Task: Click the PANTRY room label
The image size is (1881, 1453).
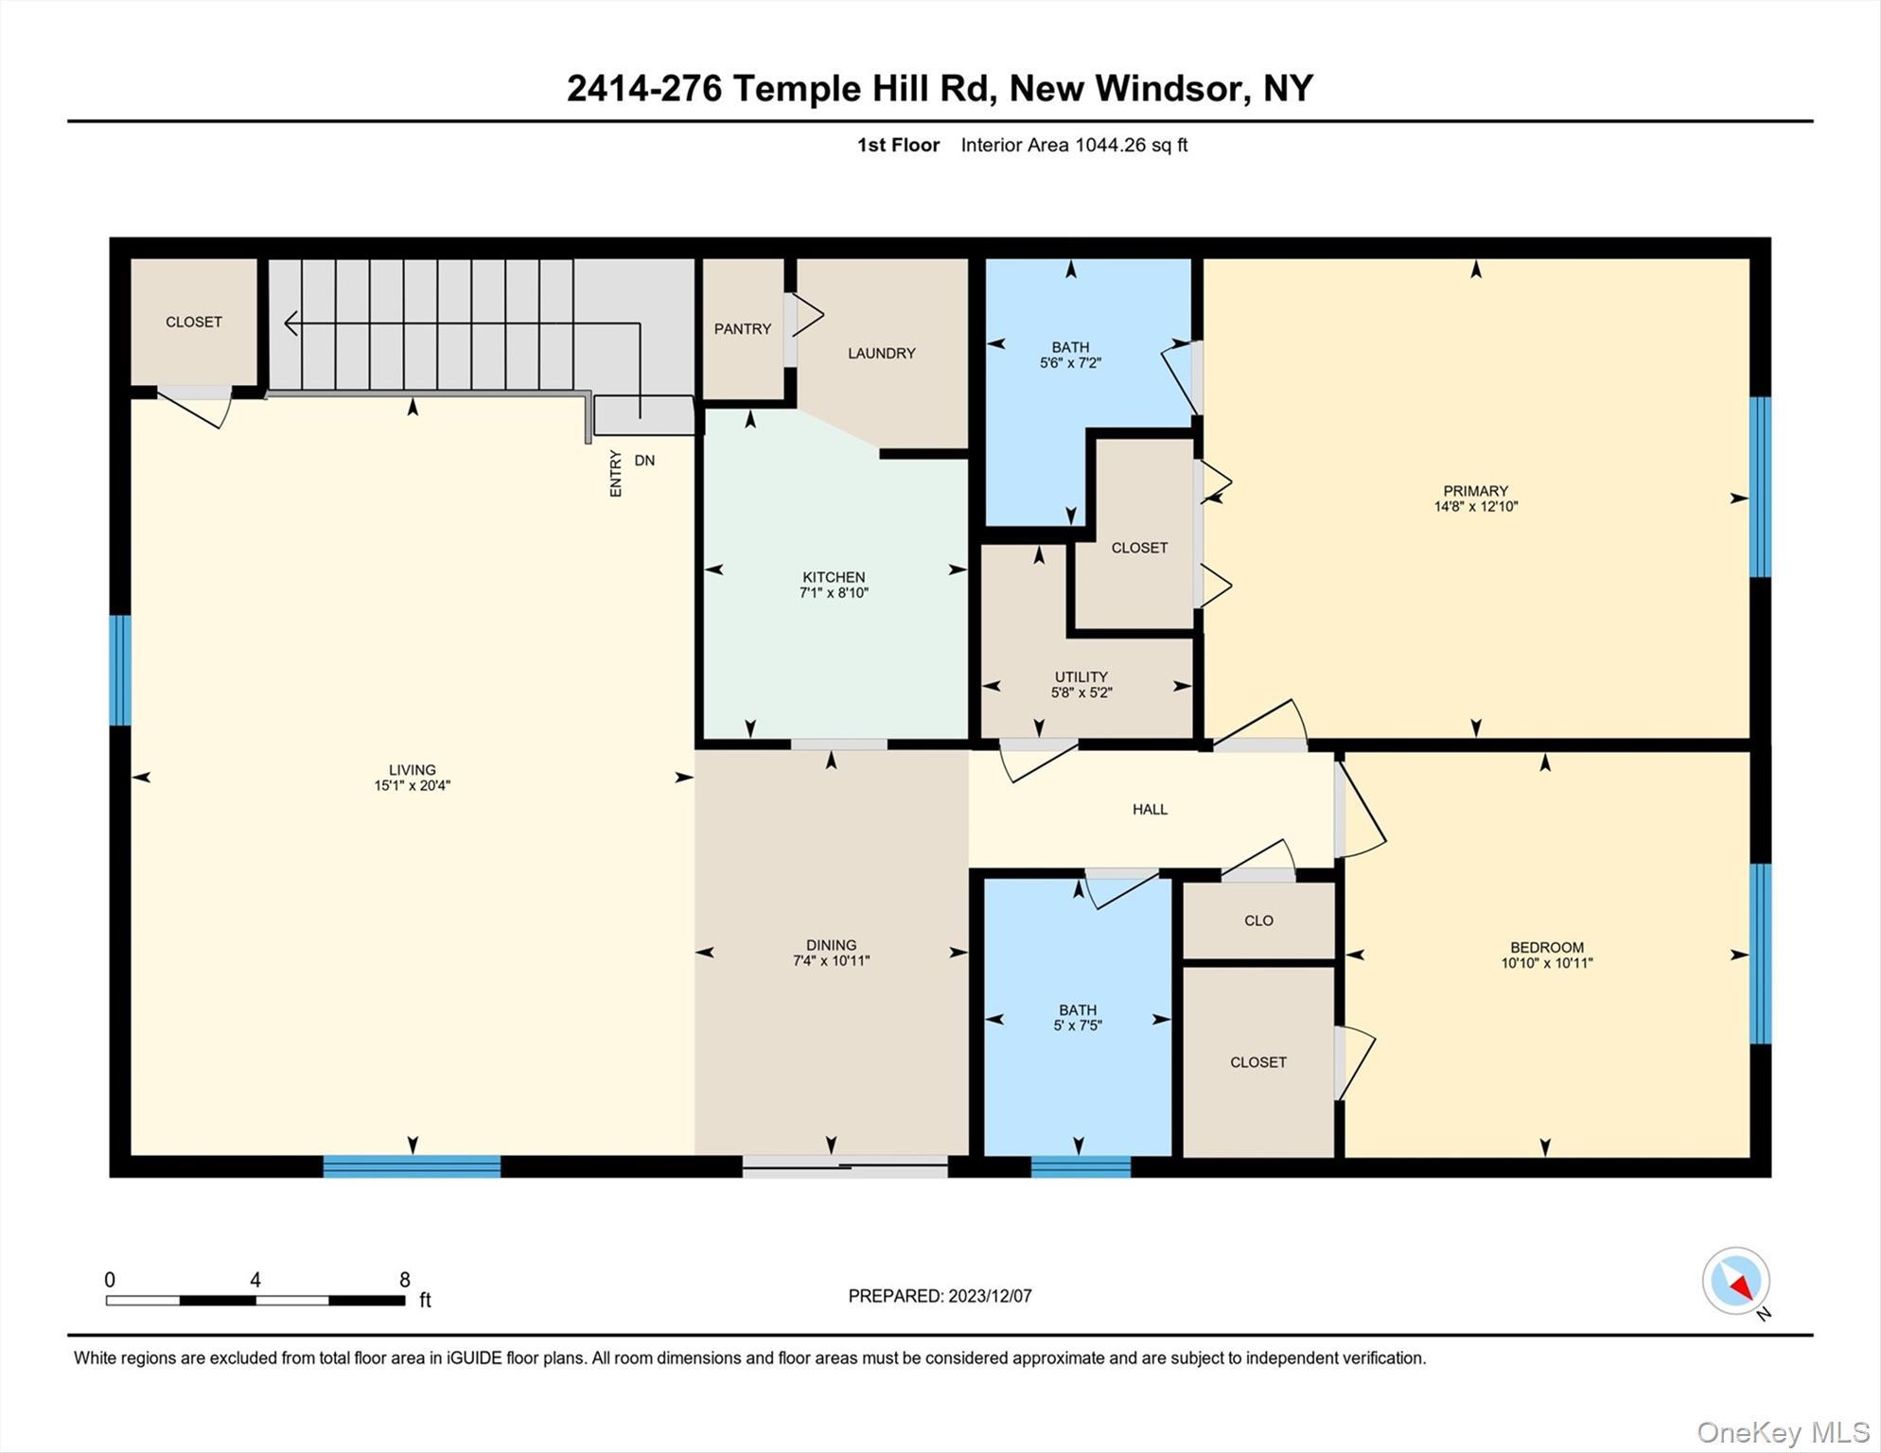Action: pyautogui.click(x=742, y=329)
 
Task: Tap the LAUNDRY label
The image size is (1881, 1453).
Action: pyautogui.click(x=881, y=353)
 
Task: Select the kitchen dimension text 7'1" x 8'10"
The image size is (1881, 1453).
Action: pyautogui.click(x=834, y=593)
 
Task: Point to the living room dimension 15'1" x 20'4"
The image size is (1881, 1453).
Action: pyautogui.click(x=412, y=785)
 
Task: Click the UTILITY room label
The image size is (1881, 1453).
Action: pyautogui.click(x=1081, y=676)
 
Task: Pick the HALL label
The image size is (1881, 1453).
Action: pyautogui.click(x=1150, y=809)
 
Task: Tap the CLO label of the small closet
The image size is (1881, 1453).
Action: pyautogui.click(x=1258, y=920)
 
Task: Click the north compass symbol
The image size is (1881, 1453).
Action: pyautogui.click(x=1736, y=1281)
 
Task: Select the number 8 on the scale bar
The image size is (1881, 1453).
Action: pyautogui.click(x=405, y=1280)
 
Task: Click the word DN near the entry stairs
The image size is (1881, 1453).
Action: pyautogui.click(x=644, y=461)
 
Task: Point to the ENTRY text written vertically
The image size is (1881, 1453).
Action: pyautogui.click(x=616, y=473)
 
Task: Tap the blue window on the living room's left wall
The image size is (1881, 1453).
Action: pyautogui.click(x=120, y=670)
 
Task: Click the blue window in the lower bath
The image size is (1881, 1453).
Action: pyautogui.click(x=1081, y=1166)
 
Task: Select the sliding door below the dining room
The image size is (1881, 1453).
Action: pyautogui.click(x=844, y=1166)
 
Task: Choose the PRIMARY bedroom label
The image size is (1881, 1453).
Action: pyautogui.click(x=1475, y=490)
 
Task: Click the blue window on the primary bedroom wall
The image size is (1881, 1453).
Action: pyautogui.click(x=1759, y=486)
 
